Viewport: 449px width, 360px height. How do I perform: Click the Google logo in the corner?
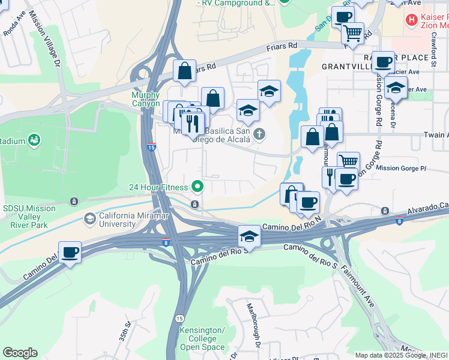tap(20, 353)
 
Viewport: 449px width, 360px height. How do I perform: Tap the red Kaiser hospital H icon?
tap(412, 20)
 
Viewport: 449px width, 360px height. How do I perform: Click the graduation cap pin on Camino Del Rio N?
tap(249, 235)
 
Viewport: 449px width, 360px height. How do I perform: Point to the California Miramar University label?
tap(135, 220)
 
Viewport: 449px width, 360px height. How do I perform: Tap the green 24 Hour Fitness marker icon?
tap(196, 187)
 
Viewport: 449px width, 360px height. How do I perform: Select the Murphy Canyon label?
tap(146, 100)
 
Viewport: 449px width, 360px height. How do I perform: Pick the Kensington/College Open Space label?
tap(202, 339)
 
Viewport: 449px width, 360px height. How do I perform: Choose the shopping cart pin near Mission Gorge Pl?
tap(348, 161)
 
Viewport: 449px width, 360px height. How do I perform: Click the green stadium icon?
tap(35, 140)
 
